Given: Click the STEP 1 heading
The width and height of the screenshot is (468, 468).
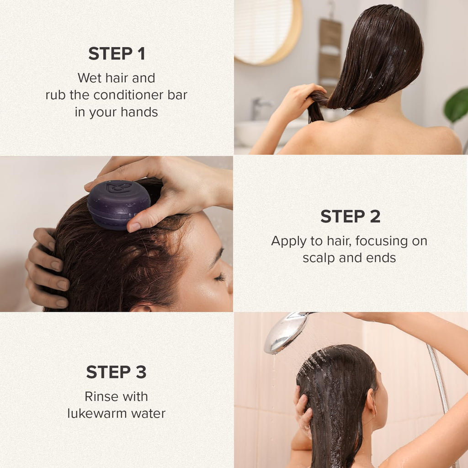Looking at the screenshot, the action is pyautogui.click(x=117, y=54).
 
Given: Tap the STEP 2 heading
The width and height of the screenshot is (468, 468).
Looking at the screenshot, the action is pyautogui.click(x=351, y=216).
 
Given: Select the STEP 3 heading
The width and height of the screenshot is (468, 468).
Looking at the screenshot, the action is pyautogui.click(x=117, y=372).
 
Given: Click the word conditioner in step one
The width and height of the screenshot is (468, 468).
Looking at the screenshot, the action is pyautogui.click(x=128, y=95).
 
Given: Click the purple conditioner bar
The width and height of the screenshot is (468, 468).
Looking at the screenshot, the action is pyautogui.click(x=119, y=204).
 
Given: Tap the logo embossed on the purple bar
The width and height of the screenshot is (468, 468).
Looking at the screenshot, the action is pyautogui.click(x=119, y=187).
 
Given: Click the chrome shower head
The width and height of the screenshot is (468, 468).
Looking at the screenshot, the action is pyautogui.click(x=286, y=332).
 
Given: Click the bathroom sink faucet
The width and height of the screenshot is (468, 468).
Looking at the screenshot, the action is pyautogui.click(x=259, y=108).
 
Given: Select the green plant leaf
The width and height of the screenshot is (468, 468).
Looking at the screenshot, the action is pyautogui.click(x=457, y=106).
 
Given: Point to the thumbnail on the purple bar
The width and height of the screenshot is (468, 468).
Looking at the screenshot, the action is pyautogui.click(x=135, y=227).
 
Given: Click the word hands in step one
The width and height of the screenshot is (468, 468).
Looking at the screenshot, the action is pyautogui.click(x=139, y=112).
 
